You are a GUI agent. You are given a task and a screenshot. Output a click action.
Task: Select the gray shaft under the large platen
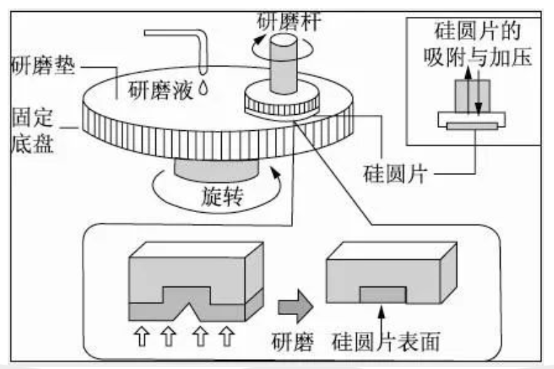pyautogui.click(x=215, y=167)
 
